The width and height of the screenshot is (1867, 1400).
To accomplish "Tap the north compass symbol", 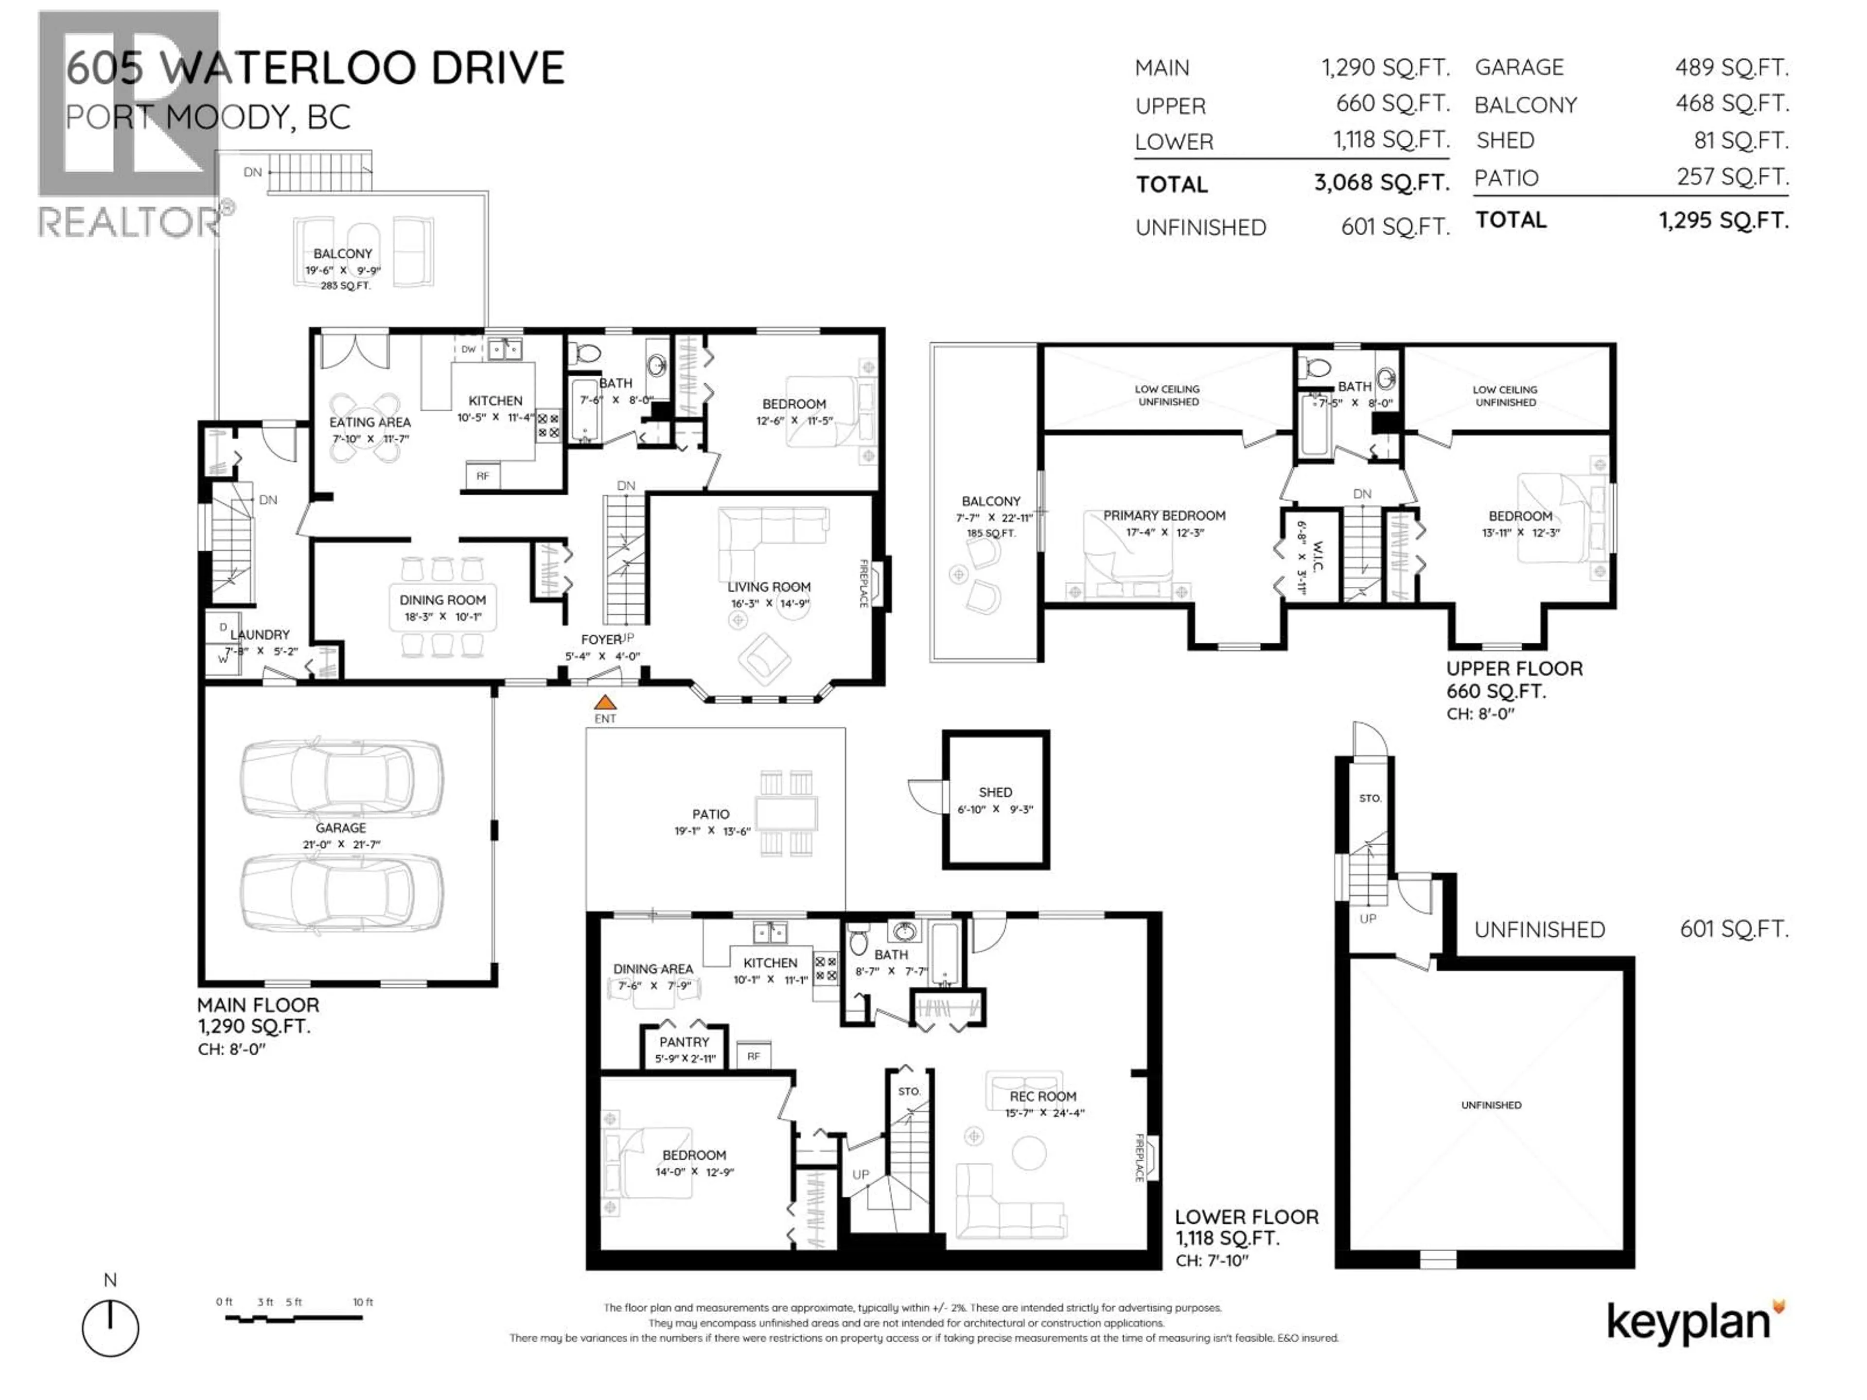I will (110, 1328).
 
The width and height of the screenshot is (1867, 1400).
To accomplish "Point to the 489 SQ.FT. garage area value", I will (1731, 68).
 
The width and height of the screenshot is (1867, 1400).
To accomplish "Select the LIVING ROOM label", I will (768, 587).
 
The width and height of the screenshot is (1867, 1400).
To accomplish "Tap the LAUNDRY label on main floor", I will (260, 634).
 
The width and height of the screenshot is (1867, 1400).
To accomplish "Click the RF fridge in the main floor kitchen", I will (483, 476).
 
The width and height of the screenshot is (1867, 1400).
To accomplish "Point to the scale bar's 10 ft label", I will (363, 1302).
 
